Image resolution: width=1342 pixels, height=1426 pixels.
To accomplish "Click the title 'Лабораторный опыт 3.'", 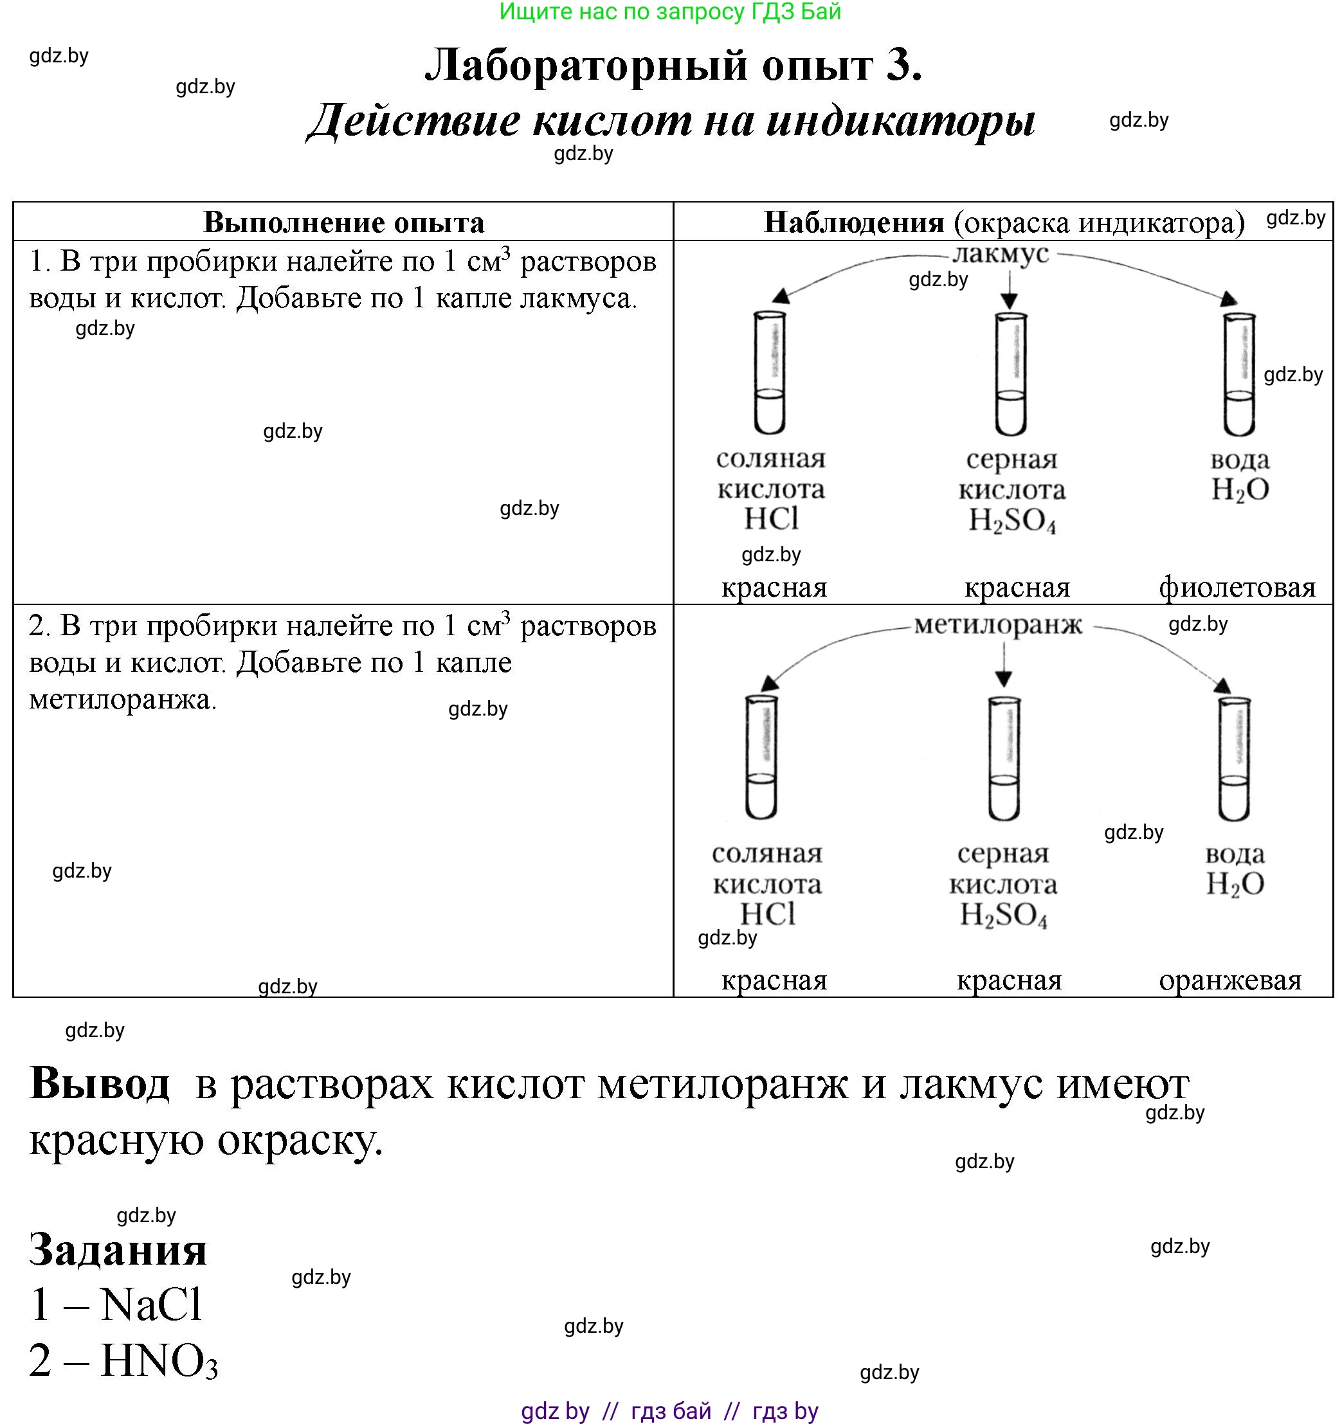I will [673, 66].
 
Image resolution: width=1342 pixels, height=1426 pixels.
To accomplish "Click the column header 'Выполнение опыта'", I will [343, 222].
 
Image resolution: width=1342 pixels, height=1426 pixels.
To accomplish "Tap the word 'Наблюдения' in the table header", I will [853, 222].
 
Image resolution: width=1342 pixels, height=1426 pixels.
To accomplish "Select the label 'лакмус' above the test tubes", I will [1001, 253].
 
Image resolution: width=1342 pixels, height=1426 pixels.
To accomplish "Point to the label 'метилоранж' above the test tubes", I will [998, 626].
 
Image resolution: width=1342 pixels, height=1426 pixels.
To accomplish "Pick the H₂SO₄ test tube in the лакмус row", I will [1011, 374].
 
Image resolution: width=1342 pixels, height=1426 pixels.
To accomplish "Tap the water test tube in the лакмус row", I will [1238, 374].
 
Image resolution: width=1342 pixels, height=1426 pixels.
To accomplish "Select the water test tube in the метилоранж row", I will [1234, 759].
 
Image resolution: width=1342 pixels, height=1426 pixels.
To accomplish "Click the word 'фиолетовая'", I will [1237, 588].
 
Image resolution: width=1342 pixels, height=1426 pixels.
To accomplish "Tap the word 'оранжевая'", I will [1230, 980].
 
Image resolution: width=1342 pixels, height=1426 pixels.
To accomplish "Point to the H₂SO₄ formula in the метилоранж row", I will [1004, 916].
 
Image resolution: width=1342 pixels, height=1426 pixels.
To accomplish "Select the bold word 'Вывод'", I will [100, 1083].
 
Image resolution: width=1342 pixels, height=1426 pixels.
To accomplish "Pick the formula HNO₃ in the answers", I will [159, 1360].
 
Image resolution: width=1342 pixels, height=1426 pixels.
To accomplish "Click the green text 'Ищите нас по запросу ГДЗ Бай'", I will [670, 12].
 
